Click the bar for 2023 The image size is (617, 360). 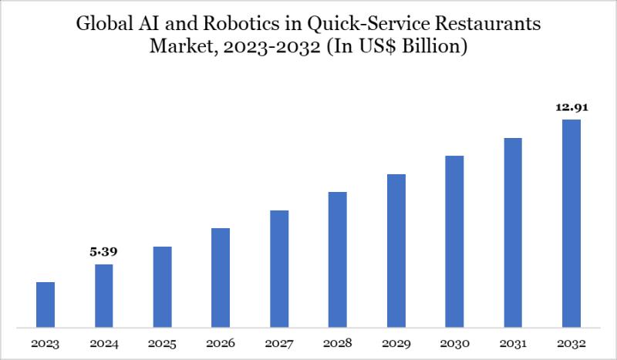[46, 304]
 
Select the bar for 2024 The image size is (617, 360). [104, 295]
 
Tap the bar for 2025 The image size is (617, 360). [162, 287]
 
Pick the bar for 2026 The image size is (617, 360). [221, 278]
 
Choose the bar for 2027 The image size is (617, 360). [279, 268]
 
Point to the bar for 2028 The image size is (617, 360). [338, 259]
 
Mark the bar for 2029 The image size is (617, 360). [396, 251]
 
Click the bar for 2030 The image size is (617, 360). [454, 241]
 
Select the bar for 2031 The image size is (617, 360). [513, 232]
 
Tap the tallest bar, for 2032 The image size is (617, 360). [571, 223]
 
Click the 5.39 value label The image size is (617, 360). [104, 252]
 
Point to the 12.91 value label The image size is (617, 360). [571, 108]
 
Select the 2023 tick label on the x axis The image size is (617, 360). [46, 342]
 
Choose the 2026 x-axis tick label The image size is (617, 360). [221, 342]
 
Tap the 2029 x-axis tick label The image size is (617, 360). [396, 342]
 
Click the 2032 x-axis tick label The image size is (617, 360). [571, 342]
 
